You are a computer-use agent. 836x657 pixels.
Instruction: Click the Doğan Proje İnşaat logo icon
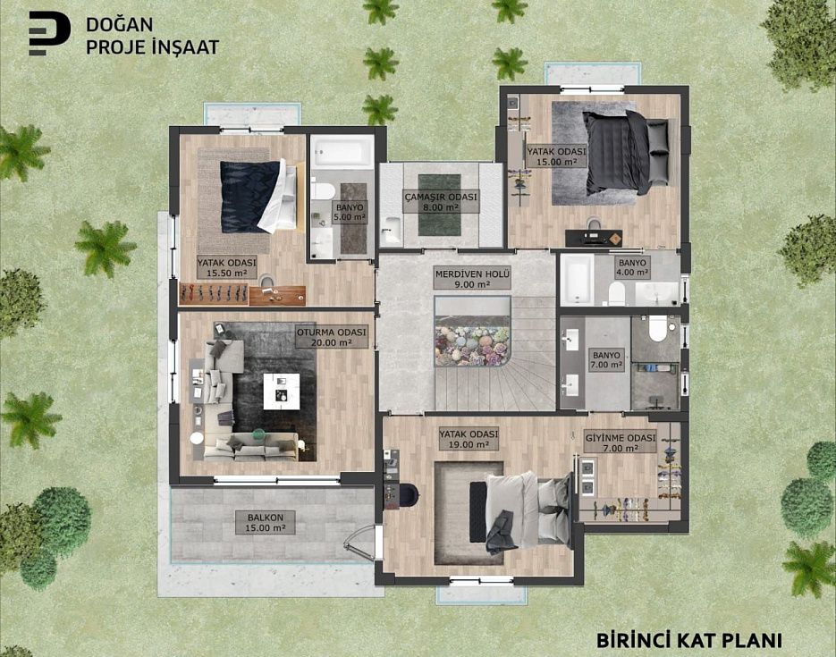point(49,34)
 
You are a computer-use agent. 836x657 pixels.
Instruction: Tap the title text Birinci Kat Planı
point(688,640)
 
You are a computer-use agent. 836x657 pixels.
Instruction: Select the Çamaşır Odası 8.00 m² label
point(441,202)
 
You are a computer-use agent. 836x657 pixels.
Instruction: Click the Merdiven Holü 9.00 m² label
point(472,279)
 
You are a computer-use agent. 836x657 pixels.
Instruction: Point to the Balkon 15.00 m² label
point(266,523)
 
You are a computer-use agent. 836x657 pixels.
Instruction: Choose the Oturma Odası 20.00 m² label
point(332,337)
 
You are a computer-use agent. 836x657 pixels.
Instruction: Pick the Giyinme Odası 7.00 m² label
point(620,442)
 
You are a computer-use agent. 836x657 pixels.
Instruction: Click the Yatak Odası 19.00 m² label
point(469,440)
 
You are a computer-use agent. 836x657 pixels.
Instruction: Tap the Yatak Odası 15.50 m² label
point(226,268)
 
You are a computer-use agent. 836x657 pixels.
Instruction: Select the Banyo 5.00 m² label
point(350,212)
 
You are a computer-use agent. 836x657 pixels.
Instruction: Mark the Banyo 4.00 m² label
point(632,267)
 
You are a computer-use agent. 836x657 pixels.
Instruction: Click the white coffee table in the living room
point(281,392)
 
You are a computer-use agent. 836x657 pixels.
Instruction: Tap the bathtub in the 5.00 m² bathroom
point(342,152)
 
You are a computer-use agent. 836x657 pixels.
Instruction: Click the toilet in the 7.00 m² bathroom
point(657,328)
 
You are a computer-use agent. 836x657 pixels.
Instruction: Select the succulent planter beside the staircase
point(472,346)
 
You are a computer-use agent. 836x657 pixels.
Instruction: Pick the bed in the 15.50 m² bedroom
point(258,196)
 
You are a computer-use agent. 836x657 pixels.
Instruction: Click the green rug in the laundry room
point(439,205)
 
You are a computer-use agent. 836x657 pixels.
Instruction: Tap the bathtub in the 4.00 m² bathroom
point(577,279)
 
